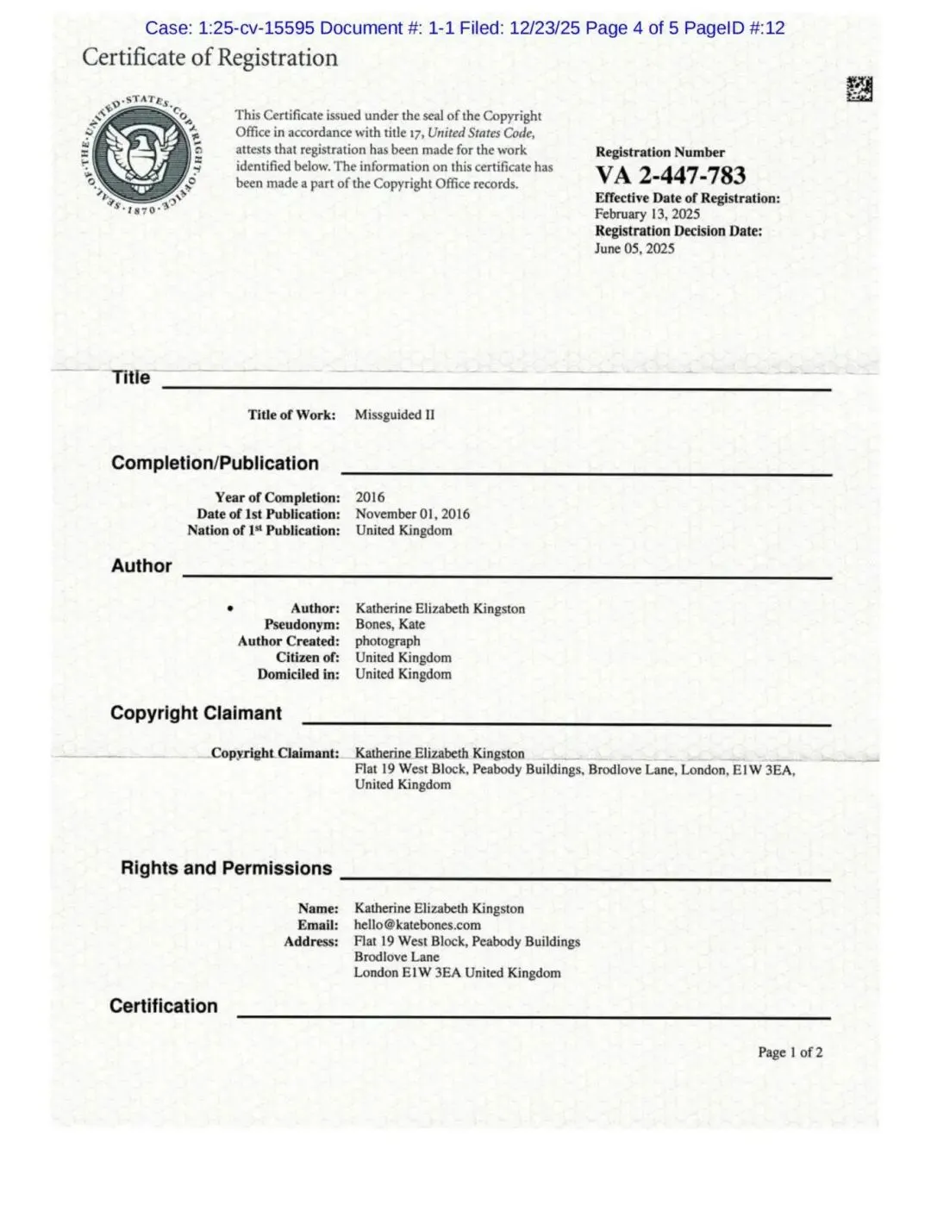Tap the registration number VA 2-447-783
pyautogui.click(x=670, y=175)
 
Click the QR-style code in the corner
pyautogui.click(x=859, y=89)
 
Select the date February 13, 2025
pyautogui.click(x=647, y=214)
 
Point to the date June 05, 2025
pyautogui.click(x=634, y=248)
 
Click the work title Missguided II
pyautogui.click(x=394, y=415)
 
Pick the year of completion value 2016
pyautogui.click(x=370, y=497)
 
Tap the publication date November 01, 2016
pyautogui.click(x=412, y=514)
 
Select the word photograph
pyautogui.click(x=387, y=640)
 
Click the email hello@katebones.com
pyautogui.click(x=417, y=925)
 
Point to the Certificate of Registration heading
pyautogui.click(x=209, y=58)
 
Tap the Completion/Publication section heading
pyautogui.click(x=215, y=463)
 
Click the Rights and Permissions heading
pyautogui.click(x=226, y=868)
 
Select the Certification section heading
pyautogui.click(x=163, y=1006)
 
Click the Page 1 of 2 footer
pyautogui.click(x=790, y=1052)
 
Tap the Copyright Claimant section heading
pyautogui.click(x=196, y=713)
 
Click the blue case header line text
pyautogui.click(x=465, y=28)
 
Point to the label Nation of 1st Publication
pyautogui.click(x=263, y=530)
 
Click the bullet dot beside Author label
pyautogui.click(x=230, y=609)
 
